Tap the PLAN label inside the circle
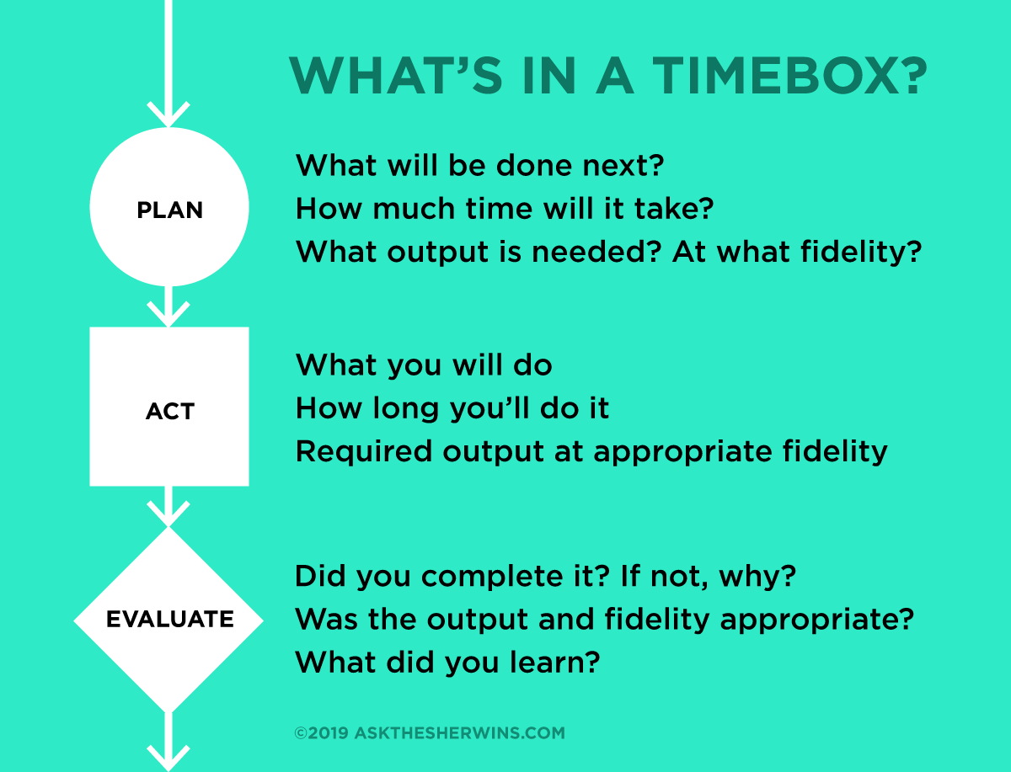click(169, 210)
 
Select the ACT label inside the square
click(169, 412)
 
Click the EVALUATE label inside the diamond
click(169, 620)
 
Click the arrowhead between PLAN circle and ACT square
click(169, 313)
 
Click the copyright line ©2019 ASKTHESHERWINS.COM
click(430, 733)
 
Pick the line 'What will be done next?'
click(480, 165)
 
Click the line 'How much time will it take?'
click(505, 208)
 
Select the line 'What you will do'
click(424, 365)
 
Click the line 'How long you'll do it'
click(452, 409)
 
